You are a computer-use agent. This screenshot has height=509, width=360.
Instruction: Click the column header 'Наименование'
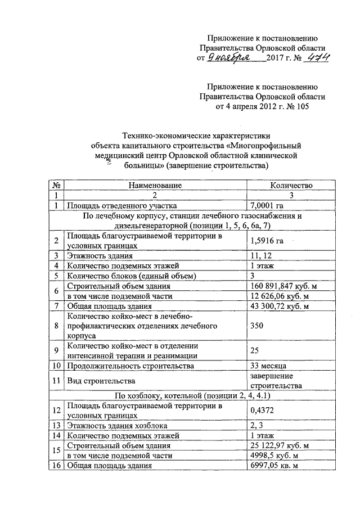pos(155,185)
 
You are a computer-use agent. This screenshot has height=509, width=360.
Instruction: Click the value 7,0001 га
pos(267,205)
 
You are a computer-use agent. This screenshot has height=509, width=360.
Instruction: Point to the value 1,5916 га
pos(267,241)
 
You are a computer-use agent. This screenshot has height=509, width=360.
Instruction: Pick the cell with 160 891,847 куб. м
pos(283,286)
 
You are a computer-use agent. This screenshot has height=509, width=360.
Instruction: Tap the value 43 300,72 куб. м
pos(279,307)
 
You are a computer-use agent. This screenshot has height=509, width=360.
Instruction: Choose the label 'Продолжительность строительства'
pos(130,366)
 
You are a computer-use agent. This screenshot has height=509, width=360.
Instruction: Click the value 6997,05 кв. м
pos(277,466)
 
